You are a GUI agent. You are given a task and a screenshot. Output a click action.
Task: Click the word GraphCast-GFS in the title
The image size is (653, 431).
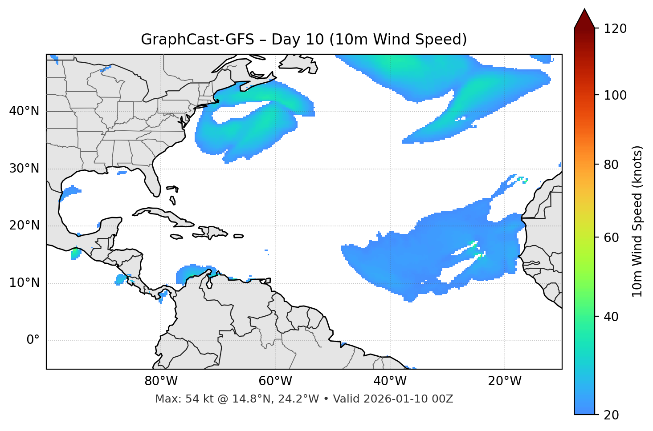coord(197,40)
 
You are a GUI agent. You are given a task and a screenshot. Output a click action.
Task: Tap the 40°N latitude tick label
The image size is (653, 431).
coord(24,111)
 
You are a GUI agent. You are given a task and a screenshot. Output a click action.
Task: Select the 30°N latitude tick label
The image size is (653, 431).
coord(24,169)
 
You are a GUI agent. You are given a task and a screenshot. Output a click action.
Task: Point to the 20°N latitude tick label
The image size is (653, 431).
coord(24,226)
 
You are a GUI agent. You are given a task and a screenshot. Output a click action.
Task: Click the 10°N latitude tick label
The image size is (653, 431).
coord(24,283)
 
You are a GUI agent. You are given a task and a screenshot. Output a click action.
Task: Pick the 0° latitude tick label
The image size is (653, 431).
coord(33,340)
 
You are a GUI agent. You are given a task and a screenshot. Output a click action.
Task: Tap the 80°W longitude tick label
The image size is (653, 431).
coord(161,381)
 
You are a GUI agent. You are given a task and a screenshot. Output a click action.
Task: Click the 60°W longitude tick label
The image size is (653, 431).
coord(275,381)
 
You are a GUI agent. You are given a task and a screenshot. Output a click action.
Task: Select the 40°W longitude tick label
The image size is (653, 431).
coord(390,381)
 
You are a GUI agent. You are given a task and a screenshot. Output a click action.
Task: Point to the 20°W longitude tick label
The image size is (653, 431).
coord(505,381)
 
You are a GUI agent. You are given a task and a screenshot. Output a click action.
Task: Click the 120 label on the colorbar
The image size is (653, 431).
coord(615,29)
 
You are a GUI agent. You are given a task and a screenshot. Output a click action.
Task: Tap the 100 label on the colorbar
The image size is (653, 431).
coord(615,95)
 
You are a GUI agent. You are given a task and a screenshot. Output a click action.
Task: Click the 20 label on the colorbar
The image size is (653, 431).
coord(612,415)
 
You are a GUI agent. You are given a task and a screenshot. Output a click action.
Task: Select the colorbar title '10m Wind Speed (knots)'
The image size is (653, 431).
coord(637,221)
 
